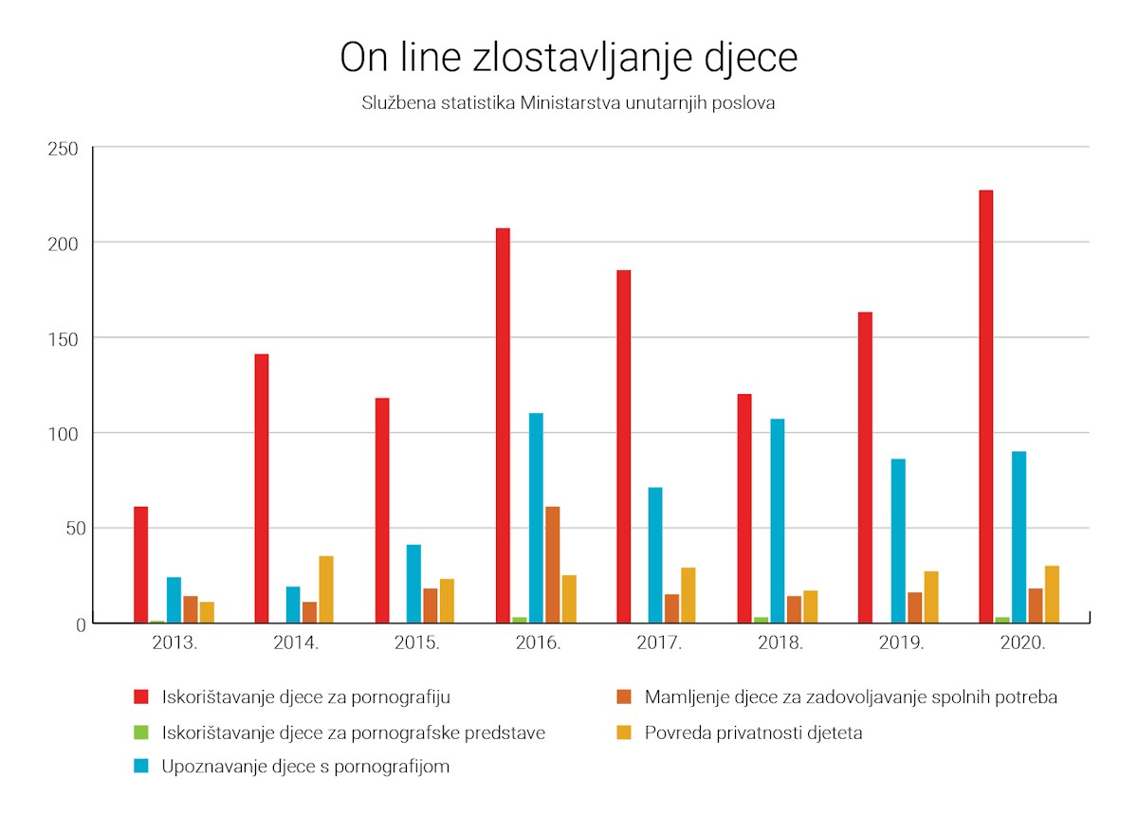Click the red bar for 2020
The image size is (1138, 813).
pos(985,406)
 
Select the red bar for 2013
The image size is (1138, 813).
pos(140,565)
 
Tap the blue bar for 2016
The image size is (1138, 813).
pos(536,517)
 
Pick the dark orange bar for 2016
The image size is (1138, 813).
pos(552,565)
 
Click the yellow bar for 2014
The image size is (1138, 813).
pos(326,589)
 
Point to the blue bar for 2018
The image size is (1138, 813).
pos(778,521)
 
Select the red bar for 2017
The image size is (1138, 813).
pos(623,446)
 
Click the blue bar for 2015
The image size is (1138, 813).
pos(413,584)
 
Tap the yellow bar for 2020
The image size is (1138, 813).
pos(1052,594)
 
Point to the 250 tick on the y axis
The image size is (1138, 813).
pos(63,149)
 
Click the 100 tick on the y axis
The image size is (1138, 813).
pos(63,434)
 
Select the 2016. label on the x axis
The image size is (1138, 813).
pos(538,643)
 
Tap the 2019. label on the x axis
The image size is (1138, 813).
pos(901,643)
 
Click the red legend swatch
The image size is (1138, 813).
pos(141,696)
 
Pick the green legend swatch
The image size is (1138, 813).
pos(141,732)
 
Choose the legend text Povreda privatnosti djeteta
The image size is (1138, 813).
pos(753,732)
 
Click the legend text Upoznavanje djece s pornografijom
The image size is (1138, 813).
pos(305,767)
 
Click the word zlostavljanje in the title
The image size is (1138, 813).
pos(582,59)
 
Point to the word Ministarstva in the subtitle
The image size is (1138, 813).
pos(571,103)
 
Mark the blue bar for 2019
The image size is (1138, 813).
pos(898,540)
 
